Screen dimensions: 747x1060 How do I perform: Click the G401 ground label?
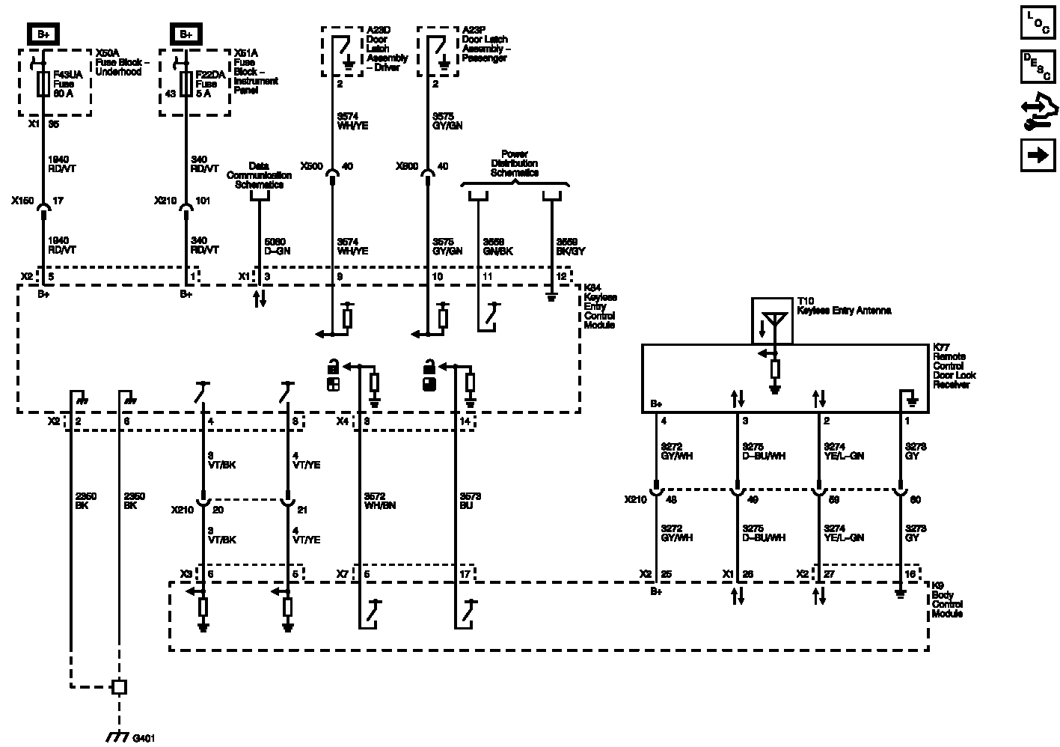point(144,737)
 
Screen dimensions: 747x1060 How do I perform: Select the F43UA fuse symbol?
point(43,84)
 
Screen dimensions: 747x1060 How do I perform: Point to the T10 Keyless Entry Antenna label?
point(844,305)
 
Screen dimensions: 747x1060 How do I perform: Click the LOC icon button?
point(1038,22)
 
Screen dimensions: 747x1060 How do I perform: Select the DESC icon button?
point(1038,66)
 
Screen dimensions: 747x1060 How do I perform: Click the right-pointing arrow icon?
point(1038,155)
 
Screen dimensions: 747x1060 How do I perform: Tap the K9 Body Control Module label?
point(947,604)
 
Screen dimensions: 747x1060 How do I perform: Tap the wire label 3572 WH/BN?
point(379,501)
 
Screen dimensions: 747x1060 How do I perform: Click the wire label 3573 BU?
point(470,501)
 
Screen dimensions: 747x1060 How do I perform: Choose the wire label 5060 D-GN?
point(277,246)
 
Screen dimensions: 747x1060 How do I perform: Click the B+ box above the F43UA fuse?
point(43,34)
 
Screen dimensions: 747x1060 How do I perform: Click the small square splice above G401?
point(118,686)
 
